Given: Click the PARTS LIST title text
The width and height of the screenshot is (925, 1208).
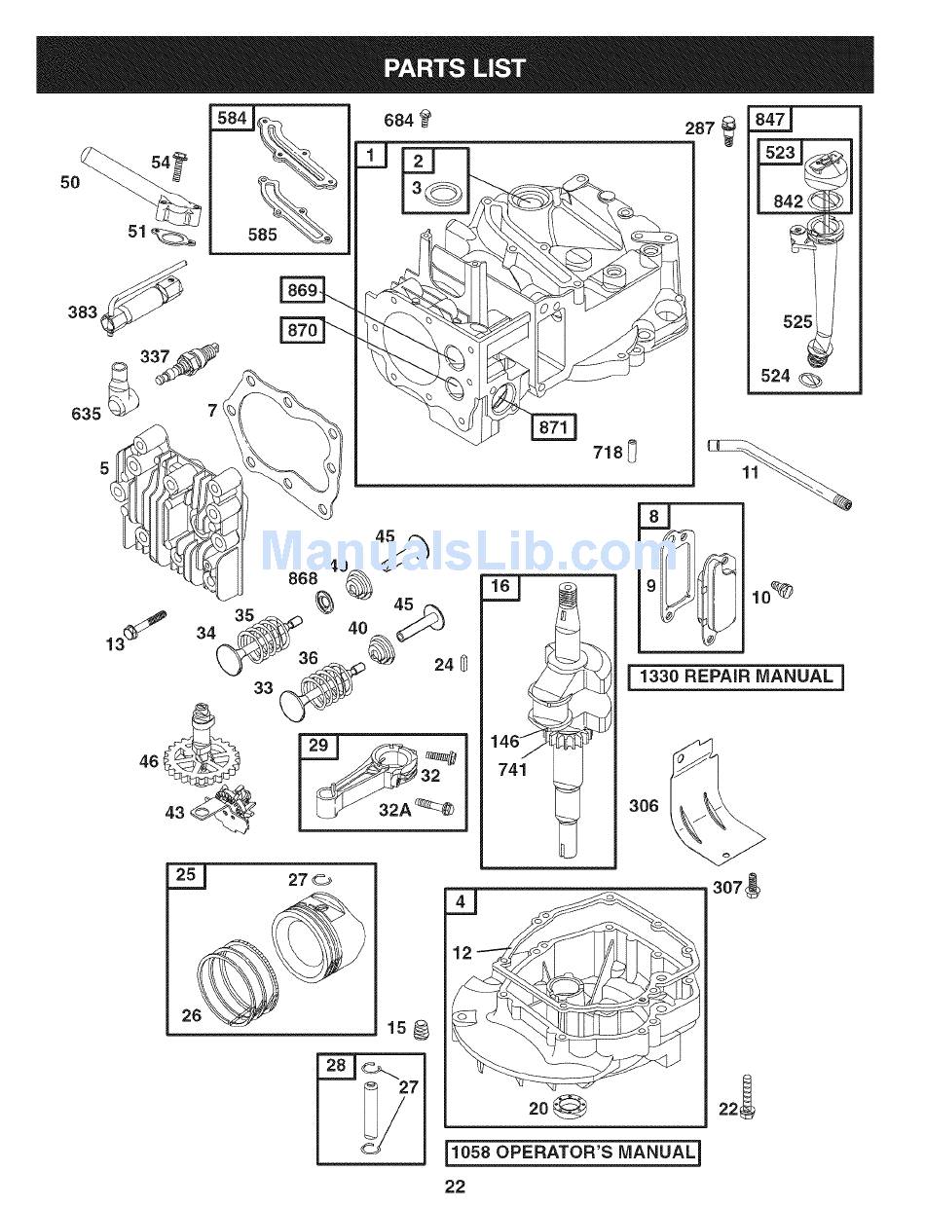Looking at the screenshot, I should (455, 68).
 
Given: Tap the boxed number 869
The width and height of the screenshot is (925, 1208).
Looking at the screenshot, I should (302, 290).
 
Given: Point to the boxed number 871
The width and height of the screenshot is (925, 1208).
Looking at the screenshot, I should (553, 426).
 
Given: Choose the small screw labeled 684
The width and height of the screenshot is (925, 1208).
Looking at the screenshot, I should (425, 120).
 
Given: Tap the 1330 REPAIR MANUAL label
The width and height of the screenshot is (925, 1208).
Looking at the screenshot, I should (735, 677).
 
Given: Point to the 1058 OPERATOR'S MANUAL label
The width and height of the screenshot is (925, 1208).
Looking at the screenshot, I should (573, 1153).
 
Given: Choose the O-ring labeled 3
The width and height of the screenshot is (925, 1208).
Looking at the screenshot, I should (444, 193).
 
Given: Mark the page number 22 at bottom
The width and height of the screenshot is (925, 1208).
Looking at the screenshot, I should (455, 1186).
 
